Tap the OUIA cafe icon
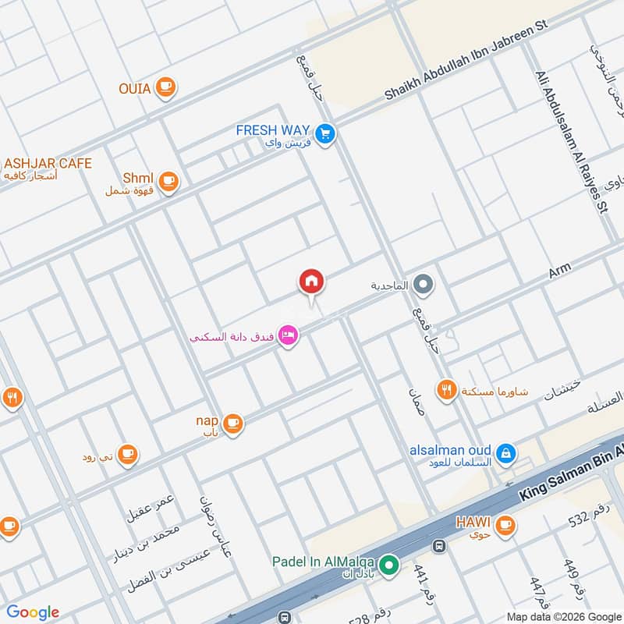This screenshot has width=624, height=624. point(165,87)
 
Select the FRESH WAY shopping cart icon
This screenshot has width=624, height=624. point(326,134)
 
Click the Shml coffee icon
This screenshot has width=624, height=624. point(168,183)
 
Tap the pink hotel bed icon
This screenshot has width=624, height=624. point(288,337)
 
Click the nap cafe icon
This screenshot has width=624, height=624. point(232,424)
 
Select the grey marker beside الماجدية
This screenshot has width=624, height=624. point(424,285)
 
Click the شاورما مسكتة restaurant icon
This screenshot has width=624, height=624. point(447,390)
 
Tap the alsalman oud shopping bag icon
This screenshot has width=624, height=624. point(505,452)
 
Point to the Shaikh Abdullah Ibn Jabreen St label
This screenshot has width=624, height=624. point(466,60)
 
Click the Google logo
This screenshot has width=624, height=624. point(32,612)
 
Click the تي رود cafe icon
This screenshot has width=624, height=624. point(128,454)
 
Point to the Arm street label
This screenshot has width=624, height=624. point(559,271)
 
